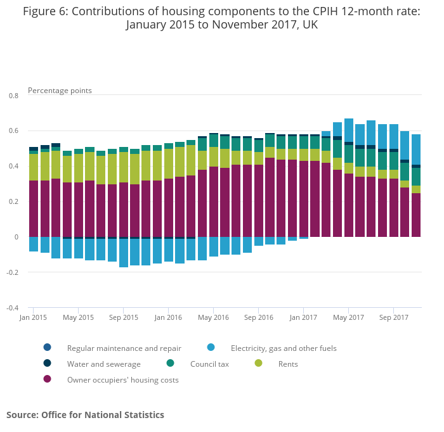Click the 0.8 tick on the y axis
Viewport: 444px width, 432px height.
tap(13, 96)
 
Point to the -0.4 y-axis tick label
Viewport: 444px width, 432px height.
tap(12, 308)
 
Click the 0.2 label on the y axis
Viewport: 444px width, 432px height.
tap(13, 202)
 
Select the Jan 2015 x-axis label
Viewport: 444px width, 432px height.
tap(34, 317)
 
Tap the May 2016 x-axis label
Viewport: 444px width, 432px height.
tap(213, 317)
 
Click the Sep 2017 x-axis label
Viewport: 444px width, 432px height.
tap(393, 317)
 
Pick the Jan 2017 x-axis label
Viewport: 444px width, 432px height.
tap(303, 317)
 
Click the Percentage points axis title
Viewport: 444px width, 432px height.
tap(60, 91)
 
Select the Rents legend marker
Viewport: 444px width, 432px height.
tap(258, 364)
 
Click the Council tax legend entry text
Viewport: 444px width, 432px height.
tap(209, 364)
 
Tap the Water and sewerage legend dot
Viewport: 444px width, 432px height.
tap(47, 364)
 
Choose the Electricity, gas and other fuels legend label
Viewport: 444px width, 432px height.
tap(284, 348)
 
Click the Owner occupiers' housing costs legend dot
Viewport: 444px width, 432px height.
tap(47, 379)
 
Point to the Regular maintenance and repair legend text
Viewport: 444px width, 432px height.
tap(124, 348)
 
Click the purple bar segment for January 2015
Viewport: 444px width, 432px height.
tap(34, 208)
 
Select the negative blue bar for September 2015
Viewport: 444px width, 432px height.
tap(124, 253)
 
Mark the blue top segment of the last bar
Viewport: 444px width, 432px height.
tap(416, 149)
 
